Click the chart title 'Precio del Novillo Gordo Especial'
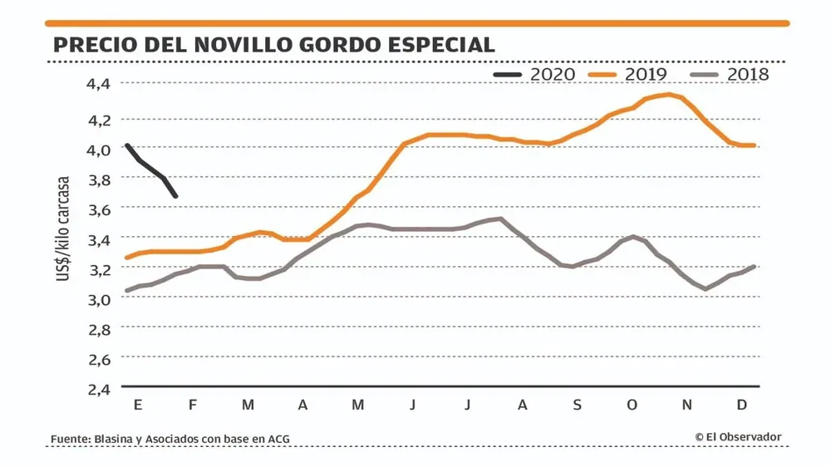pyautogui.click(x=273, y=44)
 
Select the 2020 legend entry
pyautogui.click(x=535, y=74)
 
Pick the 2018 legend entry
pyautogui.click(x=731, y=74)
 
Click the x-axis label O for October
pyautogui.click(x=632, y=405)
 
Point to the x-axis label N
pyautogui.click(x=687, y=405)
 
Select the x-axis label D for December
pyautogui.click(x=742, y=405)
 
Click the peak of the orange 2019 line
pyautogui.click(x=669, y=94)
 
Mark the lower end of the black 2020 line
pyautogui.click(x=175, y=196)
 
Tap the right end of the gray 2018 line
pyautogui.click(x=753, y=267)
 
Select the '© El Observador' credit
pyautogui.click(x=738, y=437)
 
